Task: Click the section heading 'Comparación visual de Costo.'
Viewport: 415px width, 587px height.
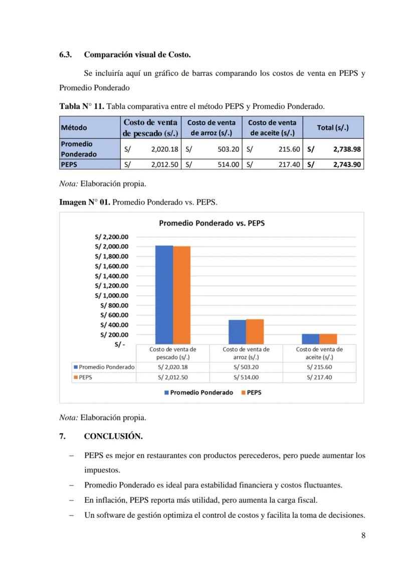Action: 137,54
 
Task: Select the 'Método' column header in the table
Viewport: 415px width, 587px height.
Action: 73,128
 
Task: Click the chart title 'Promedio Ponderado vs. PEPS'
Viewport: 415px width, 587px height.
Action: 212,223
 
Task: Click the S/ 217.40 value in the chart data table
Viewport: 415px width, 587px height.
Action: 319,377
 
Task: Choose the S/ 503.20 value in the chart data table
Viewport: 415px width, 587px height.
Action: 246,367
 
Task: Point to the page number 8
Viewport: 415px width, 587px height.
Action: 363,535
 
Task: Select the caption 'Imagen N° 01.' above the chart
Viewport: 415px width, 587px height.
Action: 83,202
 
